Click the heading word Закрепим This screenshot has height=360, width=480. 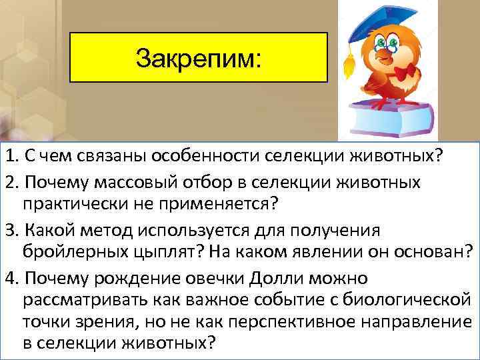(x=199, y=58)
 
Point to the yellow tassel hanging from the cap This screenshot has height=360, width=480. (x=347, y=63)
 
